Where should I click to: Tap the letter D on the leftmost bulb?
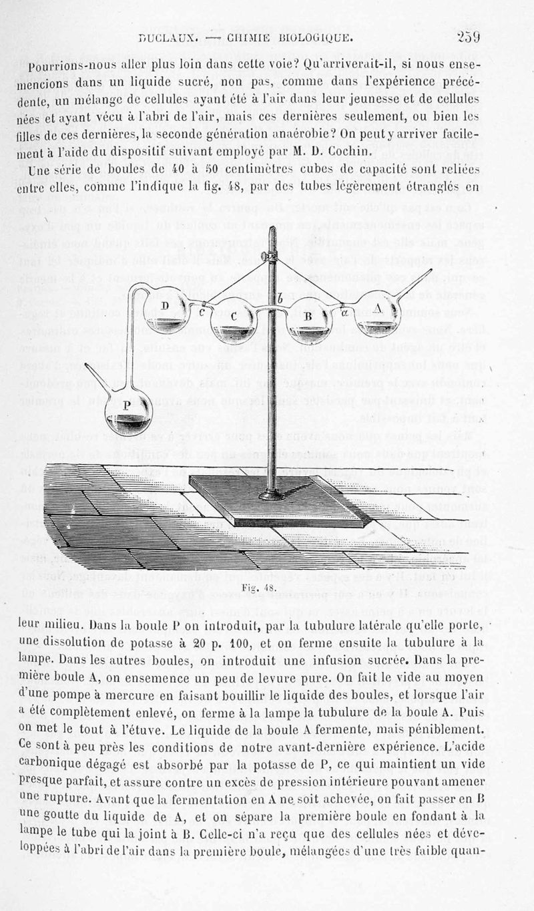click(x=165, y=306)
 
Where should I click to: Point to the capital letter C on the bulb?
click(x=233, y=316)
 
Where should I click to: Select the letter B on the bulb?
click(x=309, y=316)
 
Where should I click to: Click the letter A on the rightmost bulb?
click(x=379, y=309)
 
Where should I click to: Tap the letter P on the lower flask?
click(x=127, y=406)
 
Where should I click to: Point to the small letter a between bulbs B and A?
click(x=344, y=310)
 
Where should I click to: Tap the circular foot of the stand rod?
click(x=272, y=495)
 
